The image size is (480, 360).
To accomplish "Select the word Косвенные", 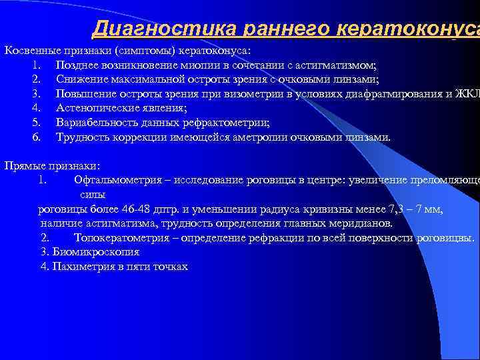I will tap(30, 51).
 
